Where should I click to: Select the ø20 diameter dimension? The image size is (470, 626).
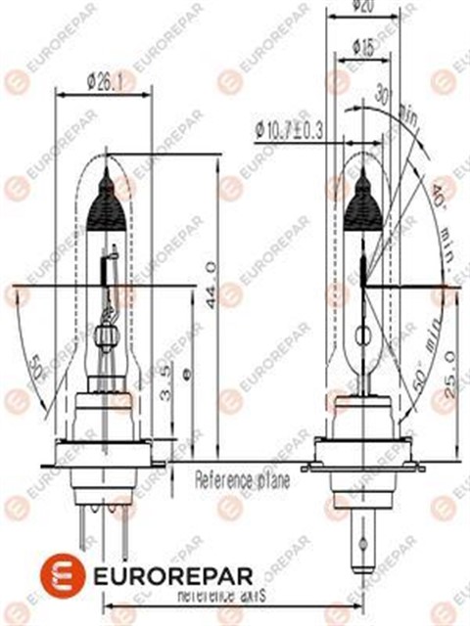(363, 7)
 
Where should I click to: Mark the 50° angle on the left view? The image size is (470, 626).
(37, 368)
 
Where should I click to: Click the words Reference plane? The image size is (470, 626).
(242, 479)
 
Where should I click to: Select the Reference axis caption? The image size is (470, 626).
(223, 595)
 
